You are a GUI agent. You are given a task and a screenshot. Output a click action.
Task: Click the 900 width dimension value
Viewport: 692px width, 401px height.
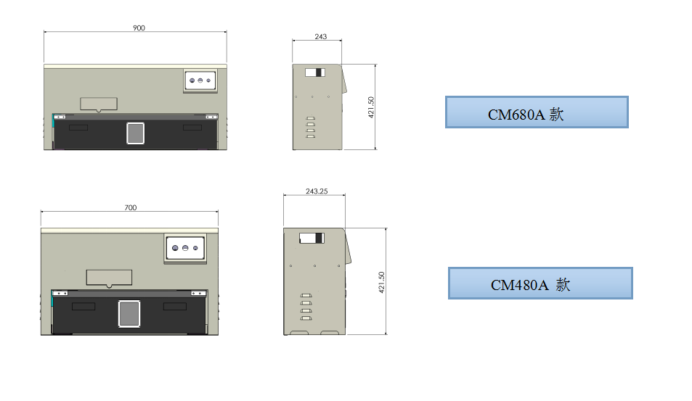point(139,28)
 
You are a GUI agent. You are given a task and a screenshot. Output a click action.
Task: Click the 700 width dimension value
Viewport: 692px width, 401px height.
point(131,207)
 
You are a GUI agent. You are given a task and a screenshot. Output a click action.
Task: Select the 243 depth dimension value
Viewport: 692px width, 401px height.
point(321,36)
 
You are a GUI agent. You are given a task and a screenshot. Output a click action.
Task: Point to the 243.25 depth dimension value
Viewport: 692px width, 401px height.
point(317,191)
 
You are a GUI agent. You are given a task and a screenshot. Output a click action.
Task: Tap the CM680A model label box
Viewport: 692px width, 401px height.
point(537,112)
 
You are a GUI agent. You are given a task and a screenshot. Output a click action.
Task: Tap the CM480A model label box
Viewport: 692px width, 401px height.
point(540,284)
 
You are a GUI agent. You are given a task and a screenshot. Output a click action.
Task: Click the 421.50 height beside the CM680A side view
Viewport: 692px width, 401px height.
point(371,107)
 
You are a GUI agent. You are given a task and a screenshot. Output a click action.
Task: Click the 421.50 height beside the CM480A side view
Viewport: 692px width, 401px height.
point(382,283)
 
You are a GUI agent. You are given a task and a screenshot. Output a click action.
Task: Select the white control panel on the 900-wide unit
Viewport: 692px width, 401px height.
point(200,80)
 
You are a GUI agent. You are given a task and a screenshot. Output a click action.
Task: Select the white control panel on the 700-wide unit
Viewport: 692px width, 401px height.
point(185,248)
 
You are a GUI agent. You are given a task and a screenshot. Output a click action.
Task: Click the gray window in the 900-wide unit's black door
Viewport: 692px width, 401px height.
point(136,133)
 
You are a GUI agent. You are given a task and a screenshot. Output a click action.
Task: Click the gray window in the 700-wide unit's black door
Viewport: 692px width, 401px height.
point(129,314)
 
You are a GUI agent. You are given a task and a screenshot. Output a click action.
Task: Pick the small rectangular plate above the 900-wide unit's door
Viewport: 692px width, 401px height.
point(99,104)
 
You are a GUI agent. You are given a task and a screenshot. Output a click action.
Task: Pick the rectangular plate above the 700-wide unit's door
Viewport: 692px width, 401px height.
point(109,278)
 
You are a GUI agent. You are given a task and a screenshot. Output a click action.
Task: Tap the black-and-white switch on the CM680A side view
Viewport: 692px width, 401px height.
point(315,73)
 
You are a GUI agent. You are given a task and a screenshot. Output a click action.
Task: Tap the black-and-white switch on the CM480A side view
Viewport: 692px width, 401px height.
point(312,239)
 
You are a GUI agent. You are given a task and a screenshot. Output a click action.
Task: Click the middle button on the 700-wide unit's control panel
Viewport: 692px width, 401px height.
point(185,248)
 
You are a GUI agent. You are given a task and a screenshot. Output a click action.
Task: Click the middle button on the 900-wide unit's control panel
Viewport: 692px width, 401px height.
point(200,80)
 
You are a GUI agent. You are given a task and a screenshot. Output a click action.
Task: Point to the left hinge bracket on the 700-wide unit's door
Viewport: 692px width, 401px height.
point(60,293)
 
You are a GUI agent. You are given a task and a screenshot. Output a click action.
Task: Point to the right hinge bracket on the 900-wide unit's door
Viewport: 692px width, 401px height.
point(211,117)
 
